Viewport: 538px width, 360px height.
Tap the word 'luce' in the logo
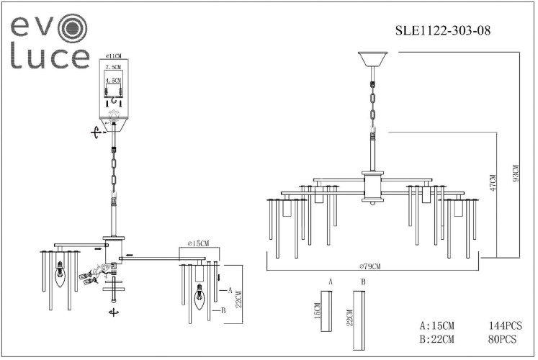[50, 58]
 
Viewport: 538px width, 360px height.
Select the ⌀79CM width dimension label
[370, 266]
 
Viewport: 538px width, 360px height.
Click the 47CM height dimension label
[493, 184]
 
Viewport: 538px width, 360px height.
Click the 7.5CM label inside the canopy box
[113, 66]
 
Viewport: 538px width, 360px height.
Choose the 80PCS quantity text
[503, 338]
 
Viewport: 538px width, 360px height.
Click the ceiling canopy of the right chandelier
[372, 58]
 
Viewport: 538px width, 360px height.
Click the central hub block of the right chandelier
[372, 186]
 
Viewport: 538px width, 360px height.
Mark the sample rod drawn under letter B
[357, 316]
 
